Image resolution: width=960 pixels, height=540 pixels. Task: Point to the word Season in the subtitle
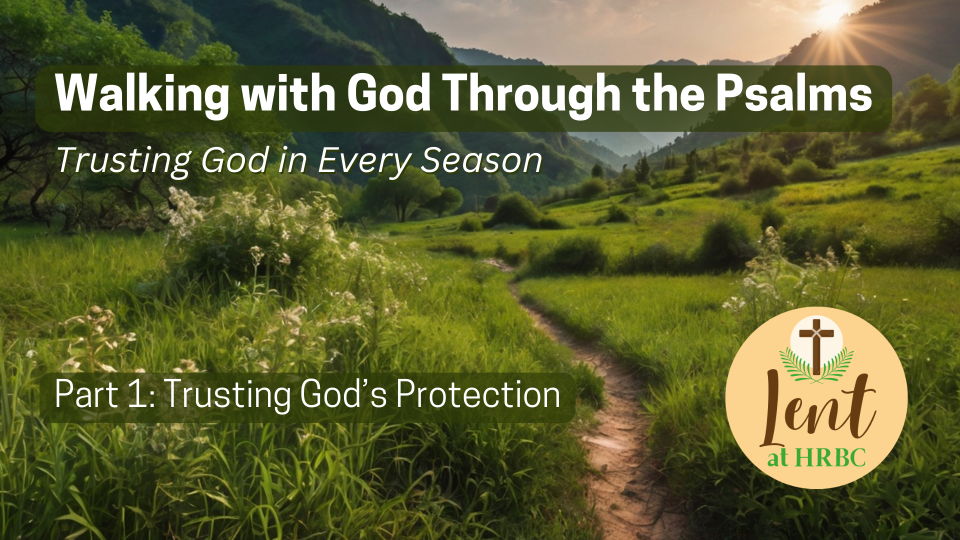pos(481,161)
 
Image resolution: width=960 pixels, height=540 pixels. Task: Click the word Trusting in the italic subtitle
pos(123,161)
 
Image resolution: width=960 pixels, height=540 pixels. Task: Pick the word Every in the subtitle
pos(363,161)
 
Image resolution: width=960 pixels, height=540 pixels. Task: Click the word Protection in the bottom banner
pos(478,395)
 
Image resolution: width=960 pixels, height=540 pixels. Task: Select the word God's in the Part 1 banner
pos(343,395)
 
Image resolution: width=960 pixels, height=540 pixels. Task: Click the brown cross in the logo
pos(816,345)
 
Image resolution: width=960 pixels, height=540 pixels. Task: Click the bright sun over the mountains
pos(831,14)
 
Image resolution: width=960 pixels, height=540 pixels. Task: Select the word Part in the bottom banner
pos(86,395)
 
